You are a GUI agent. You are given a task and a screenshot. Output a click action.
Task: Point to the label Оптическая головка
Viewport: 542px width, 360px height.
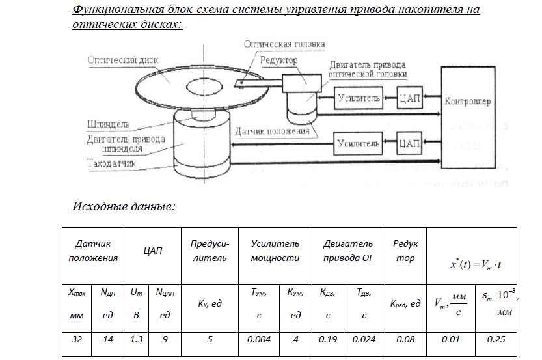coord(284,44)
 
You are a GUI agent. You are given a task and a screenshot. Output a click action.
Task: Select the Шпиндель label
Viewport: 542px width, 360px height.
coord(109,124)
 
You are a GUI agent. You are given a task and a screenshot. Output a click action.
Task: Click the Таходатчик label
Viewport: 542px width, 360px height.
coord(111,163)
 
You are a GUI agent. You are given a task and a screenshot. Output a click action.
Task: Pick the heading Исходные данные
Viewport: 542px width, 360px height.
coord(124,207)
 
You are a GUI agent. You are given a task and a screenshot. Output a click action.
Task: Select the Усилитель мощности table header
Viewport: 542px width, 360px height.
coord(275,251)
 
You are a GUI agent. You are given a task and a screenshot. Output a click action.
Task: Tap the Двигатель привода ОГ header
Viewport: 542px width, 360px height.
coord(348,251)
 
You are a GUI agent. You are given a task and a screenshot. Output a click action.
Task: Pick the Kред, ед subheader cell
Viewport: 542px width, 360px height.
coord(405,303)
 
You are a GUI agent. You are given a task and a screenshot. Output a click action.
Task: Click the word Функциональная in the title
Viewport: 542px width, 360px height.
coord(122,11)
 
